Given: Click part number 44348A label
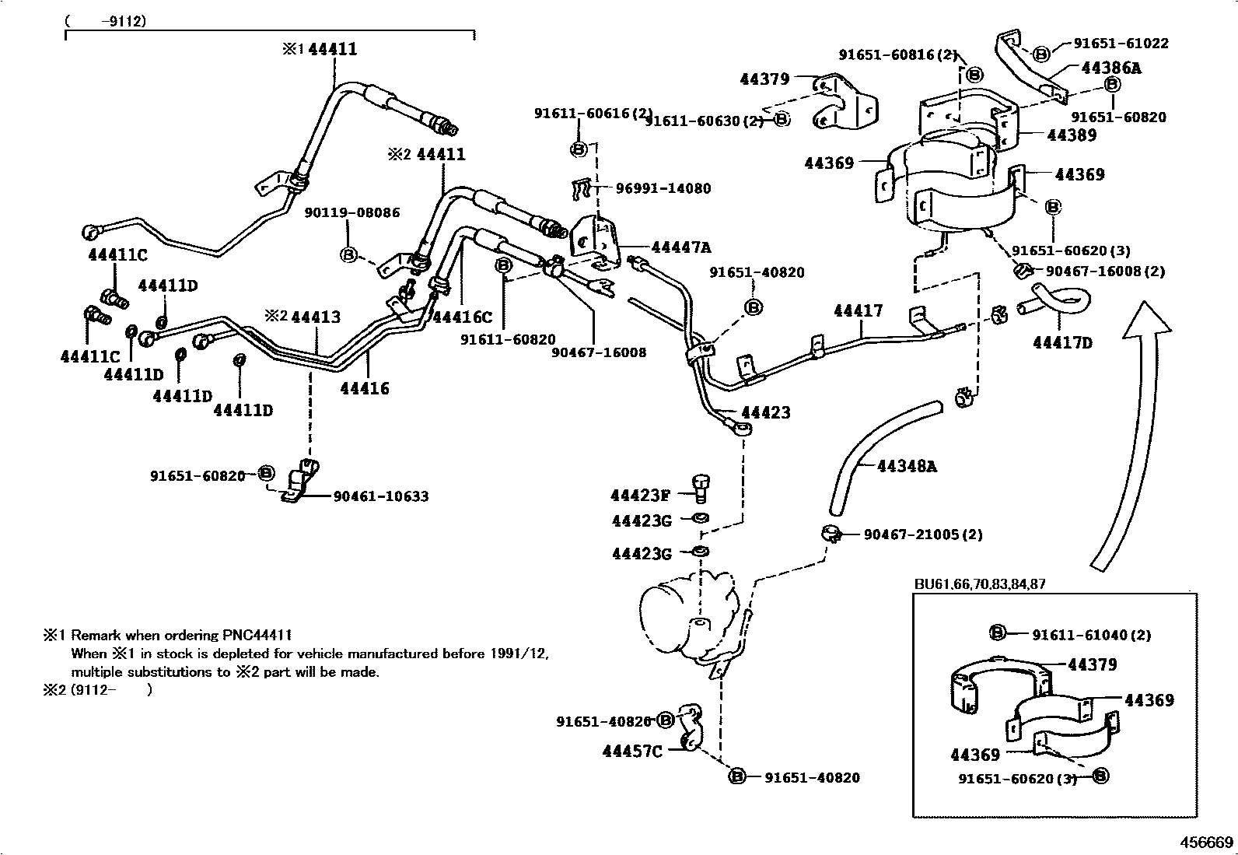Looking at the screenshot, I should (907, 466).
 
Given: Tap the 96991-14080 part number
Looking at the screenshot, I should (663, 188).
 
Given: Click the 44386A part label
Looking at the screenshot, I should (1110, 68).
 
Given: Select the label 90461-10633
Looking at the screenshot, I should (381, 496).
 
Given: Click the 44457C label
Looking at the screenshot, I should (631, 752).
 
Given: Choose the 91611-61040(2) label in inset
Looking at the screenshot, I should (1091, 635).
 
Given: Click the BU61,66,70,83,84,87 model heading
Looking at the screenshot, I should (980, 584).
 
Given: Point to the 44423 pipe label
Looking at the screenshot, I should (765, 412).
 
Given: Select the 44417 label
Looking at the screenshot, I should (858, 311).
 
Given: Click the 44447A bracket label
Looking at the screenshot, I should (680, 247).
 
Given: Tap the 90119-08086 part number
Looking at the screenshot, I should (351, 212).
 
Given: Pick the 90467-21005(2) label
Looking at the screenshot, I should (923, 534).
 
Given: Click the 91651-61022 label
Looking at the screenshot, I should (1121, 44).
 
